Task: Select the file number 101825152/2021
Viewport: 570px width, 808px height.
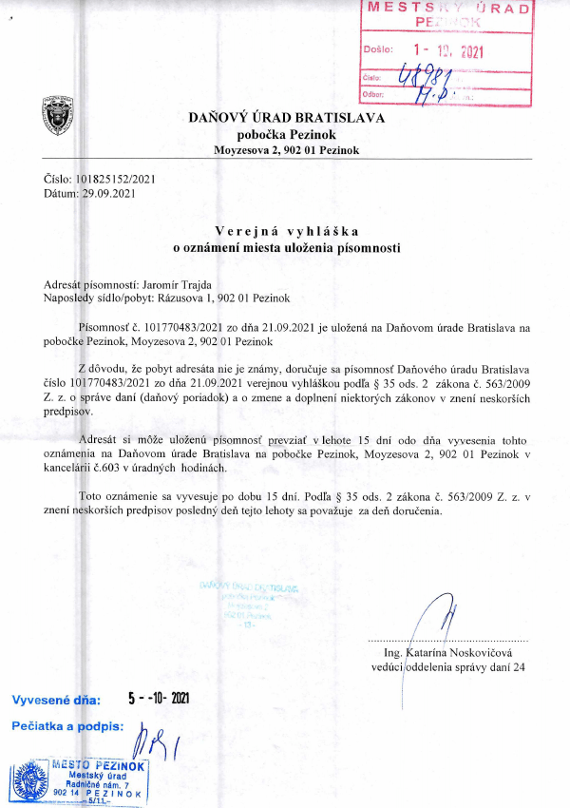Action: (x=115, y=179)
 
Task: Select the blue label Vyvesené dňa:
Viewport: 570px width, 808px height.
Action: (x=56, y=700)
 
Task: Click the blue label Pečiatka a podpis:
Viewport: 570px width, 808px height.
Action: (x=67, y=726)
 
